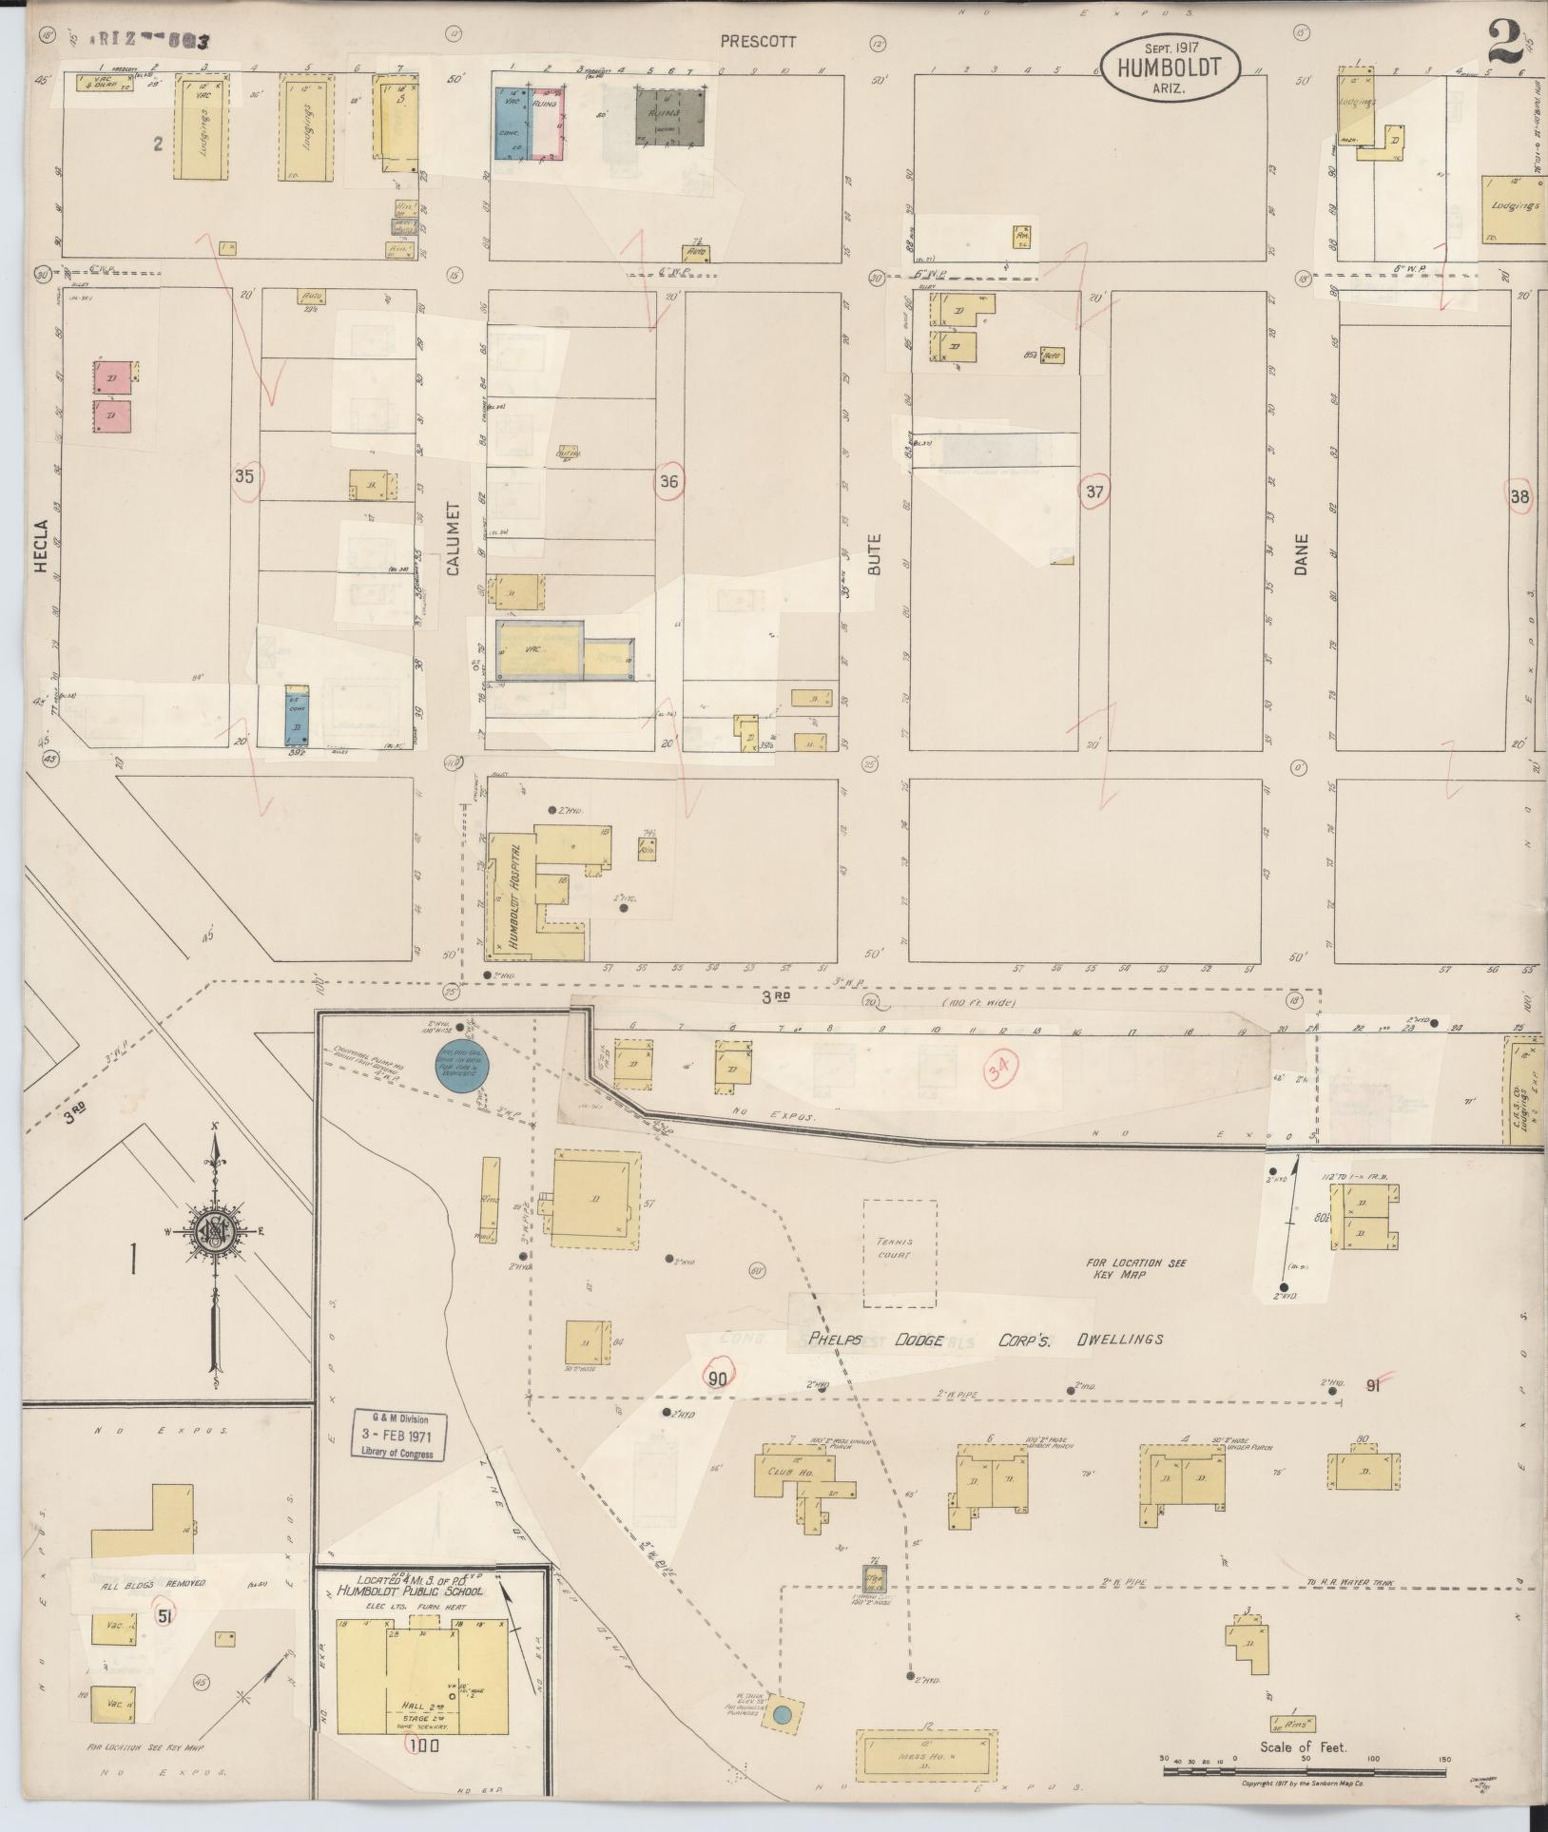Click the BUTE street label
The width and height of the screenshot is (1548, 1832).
point(874,551)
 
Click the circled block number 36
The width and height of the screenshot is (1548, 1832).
point(669,482)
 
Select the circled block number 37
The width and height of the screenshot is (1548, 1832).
point(1095,492)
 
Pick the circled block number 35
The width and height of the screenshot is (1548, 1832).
point(245,477)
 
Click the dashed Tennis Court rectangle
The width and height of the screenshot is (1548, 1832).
point(900,1253)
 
